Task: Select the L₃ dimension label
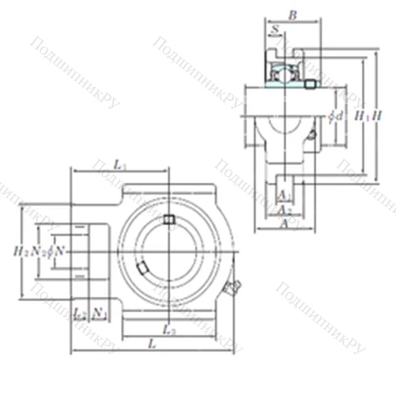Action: click(167, 328)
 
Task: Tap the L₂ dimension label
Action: click(79, 314)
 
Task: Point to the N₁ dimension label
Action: click(100, 314)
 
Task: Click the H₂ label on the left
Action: click(21, 251)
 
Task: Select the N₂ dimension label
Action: click(36, 251)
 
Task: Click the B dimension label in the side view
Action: click(292, 14)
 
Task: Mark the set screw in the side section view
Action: click(310, 83)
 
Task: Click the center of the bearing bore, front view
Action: click(168, 252)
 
